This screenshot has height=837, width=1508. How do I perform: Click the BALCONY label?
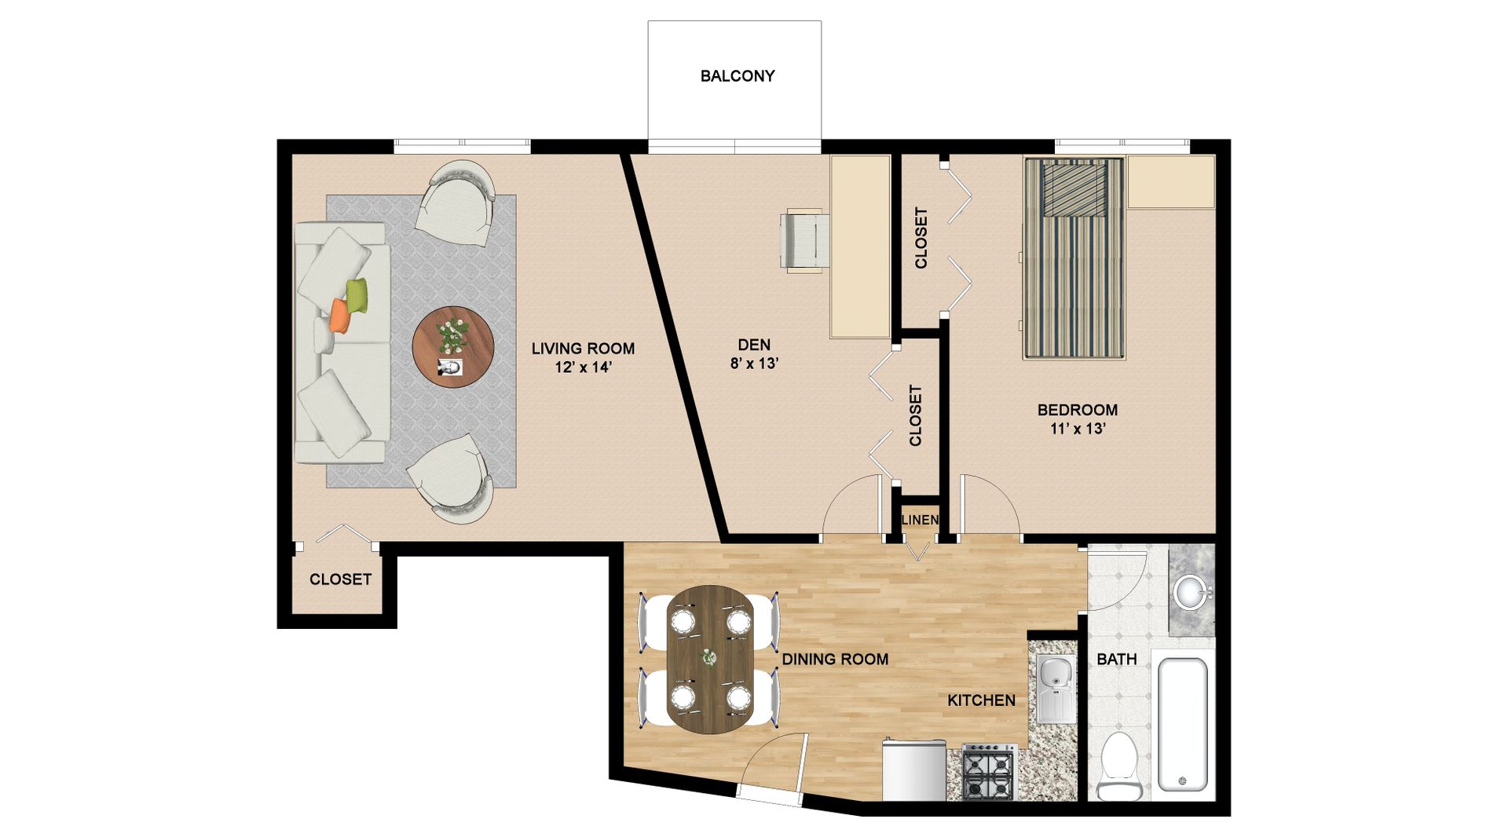(738, 76)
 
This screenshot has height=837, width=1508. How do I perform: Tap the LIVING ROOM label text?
(583, 349)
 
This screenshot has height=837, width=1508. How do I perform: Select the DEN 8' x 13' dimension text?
(754, 364)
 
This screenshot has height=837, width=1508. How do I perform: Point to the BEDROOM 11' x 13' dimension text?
(1078, 429)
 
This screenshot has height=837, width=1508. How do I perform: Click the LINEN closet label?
(920, 520)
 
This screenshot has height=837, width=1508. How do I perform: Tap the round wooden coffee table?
(453, 345)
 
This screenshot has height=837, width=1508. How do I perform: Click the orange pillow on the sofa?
(339, 315)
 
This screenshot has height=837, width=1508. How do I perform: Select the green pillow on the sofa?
(357, 295)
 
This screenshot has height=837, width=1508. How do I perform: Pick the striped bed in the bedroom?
(1074, 258)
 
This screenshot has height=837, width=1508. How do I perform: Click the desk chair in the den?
(804, 240)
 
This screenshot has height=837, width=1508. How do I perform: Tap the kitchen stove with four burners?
(989, 773)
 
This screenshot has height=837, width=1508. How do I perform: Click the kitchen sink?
(1056, 688)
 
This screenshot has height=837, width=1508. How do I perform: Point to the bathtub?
(1183, 725)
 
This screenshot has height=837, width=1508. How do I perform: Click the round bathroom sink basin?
(1191, 592)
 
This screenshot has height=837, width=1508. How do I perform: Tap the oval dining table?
(710, 660)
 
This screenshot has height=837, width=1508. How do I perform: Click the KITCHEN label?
(981, 700)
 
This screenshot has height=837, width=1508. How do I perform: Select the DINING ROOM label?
(835, 660)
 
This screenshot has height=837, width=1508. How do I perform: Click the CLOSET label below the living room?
(340, 579)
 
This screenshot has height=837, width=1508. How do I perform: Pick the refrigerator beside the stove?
(914, 769)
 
